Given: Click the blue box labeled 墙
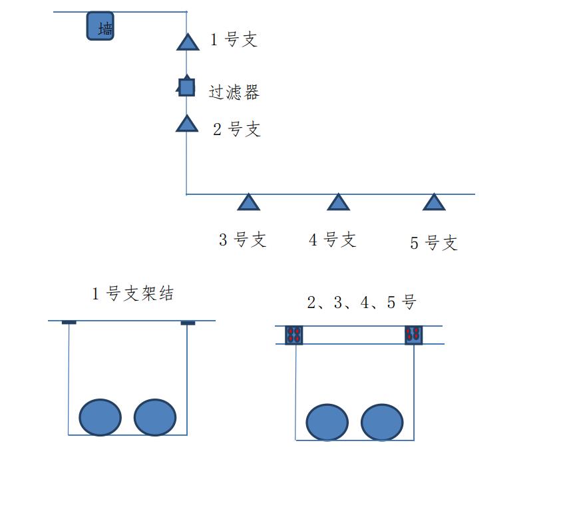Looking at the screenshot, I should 100,27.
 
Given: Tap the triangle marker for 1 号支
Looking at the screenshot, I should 188,43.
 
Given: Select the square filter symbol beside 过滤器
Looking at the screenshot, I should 186,87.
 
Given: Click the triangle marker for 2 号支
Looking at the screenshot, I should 187,124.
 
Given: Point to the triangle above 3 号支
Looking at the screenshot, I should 248,203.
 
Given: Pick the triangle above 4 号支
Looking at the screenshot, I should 338,202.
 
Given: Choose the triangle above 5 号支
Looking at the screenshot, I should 434,202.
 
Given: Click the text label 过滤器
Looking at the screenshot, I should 234,92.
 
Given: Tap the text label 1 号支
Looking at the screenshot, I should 234,40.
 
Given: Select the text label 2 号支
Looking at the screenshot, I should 237,129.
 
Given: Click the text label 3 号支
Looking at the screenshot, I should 243,240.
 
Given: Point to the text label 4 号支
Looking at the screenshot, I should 333,240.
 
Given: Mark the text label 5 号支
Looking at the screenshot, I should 434,243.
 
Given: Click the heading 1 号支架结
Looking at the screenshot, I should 133,293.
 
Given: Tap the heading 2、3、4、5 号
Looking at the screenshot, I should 361,303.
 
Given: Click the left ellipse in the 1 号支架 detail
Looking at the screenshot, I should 100,418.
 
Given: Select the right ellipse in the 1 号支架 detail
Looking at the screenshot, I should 155,418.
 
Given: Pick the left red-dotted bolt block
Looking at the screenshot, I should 294,335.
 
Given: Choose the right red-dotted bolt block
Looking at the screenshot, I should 414,335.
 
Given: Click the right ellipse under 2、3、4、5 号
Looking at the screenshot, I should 382,422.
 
